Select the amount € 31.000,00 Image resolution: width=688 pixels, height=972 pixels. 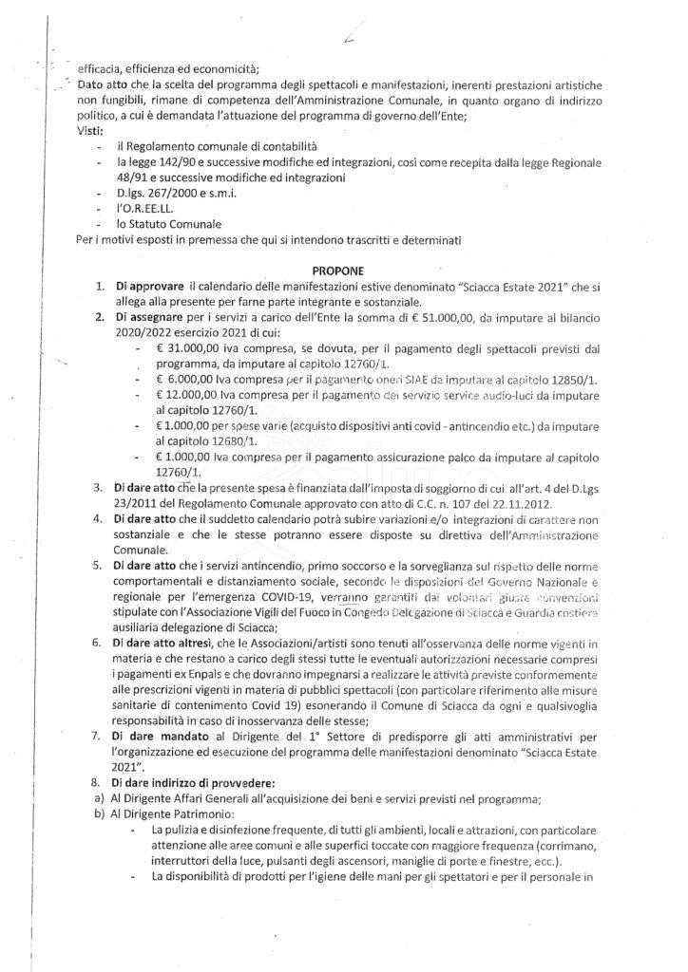pyautogui.click(x=186, y=347)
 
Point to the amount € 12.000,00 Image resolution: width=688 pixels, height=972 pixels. pyautogui.click(x=186, y=394)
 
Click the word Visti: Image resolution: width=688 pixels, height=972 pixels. pyautogui.click(x=91, y=130)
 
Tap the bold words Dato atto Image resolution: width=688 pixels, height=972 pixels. pyautogui.click(x=104, y=84)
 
